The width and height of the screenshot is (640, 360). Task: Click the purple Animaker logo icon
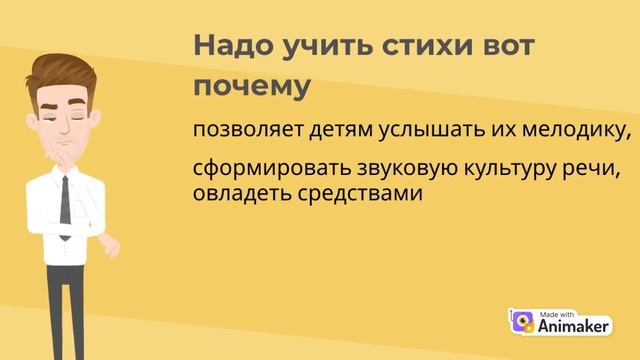click(520, 322)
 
